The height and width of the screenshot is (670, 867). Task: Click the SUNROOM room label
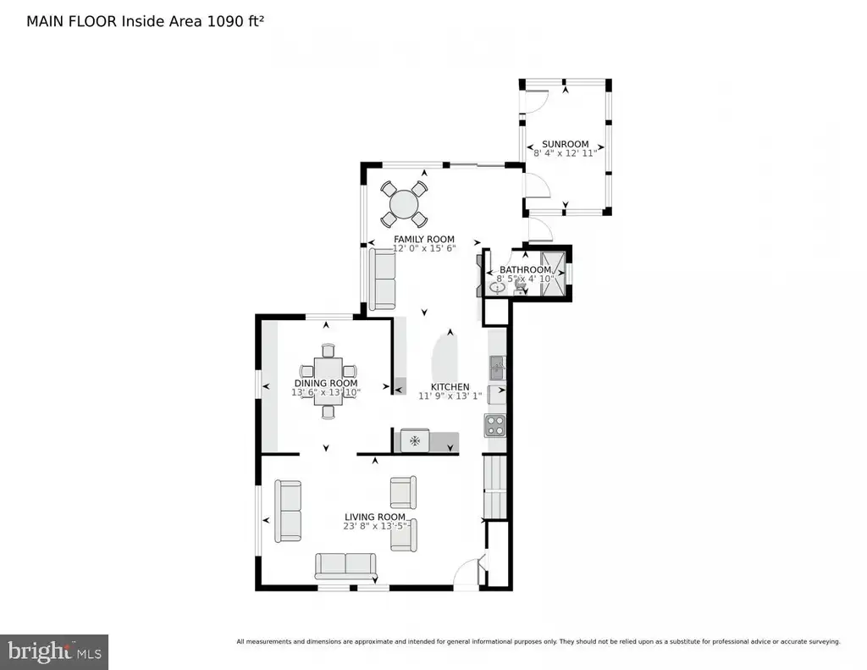565,144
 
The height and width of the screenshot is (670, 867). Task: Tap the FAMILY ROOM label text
424,239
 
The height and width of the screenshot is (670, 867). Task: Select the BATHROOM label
525,269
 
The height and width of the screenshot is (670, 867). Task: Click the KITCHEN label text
450,387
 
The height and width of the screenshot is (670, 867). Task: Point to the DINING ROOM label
326,383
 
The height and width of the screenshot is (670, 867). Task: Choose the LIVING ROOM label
375,517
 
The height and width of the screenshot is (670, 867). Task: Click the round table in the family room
404,204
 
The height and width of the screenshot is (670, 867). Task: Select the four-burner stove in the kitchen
494,425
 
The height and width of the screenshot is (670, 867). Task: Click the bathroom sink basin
496,288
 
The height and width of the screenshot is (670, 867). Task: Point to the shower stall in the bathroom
553,274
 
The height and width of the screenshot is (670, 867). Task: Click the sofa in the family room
383,279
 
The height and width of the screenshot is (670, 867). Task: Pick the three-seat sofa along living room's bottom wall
345,566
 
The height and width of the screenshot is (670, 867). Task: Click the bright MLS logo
54,651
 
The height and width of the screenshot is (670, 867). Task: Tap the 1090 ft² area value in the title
235,21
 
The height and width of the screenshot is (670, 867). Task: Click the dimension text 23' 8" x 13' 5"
376,526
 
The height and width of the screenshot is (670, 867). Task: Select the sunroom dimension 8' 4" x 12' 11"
565,153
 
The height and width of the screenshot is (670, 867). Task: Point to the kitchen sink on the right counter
497,368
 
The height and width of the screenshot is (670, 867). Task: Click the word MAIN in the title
44,21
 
